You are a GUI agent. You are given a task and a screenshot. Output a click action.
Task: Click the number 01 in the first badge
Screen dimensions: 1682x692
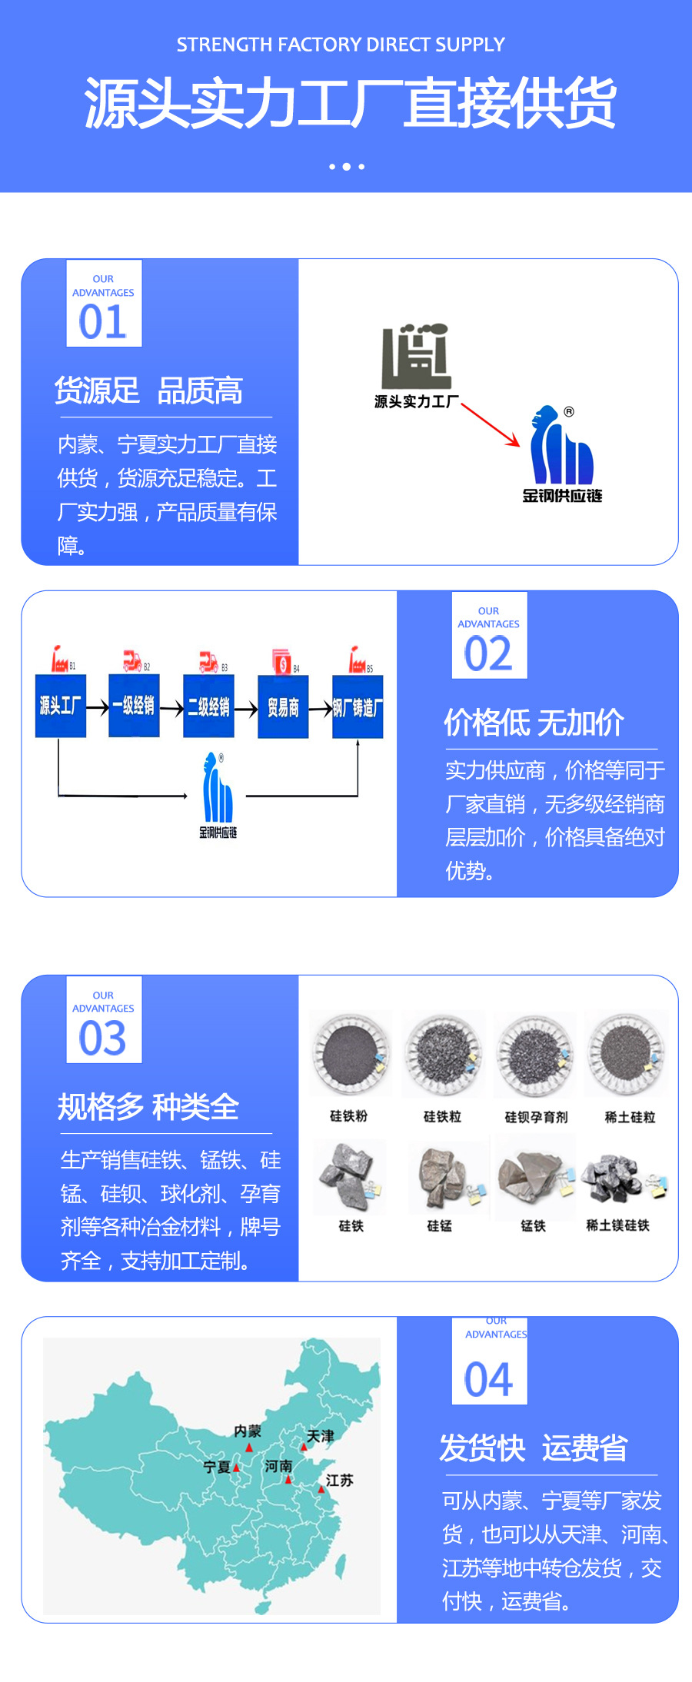point(103,321)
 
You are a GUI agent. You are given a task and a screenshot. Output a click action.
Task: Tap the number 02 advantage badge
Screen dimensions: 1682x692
point(488,653)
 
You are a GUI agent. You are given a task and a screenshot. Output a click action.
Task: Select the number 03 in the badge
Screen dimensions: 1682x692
point(103,1038)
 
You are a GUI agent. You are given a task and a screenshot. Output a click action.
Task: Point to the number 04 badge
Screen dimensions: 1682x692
point(488,1379)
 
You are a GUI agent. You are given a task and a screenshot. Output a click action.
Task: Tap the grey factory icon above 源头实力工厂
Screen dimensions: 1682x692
point(416,357)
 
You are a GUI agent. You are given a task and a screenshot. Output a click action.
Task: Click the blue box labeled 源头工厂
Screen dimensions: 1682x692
point(60,706)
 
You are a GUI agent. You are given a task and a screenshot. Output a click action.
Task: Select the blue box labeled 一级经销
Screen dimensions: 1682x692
point(134,706)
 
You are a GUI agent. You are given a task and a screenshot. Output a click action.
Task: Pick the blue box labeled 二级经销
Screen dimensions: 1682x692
point(208,706)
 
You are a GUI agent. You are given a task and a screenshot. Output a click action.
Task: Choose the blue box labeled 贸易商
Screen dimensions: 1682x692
point(283,706)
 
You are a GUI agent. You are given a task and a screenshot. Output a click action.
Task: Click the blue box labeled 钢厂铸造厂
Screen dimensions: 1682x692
point(358,706)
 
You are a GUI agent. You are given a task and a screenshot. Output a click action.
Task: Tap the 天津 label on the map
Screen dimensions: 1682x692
point(321,1435)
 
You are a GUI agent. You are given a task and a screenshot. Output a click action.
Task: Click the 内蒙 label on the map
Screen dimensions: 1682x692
point(248,1431)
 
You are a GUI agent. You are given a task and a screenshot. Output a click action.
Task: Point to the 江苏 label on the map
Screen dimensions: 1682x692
point(339,1480)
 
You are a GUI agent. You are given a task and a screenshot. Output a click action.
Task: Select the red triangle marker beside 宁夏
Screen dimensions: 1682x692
point(237,1468)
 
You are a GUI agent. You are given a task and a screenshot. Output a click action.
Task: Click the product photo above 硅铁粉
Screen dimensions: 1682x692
point(351,1053)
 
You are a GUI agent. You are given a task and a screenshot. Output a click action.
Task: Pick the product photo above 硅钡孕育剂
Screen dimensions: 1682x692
point(534,1053)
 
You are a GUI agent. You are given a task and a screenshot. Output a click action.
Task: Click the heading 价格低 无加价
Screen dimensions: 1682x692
point(534,723)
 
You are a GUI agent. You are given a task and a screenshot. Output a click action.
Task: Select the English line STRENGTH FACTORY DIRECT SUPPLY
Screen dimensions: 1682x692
point(341,45)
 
